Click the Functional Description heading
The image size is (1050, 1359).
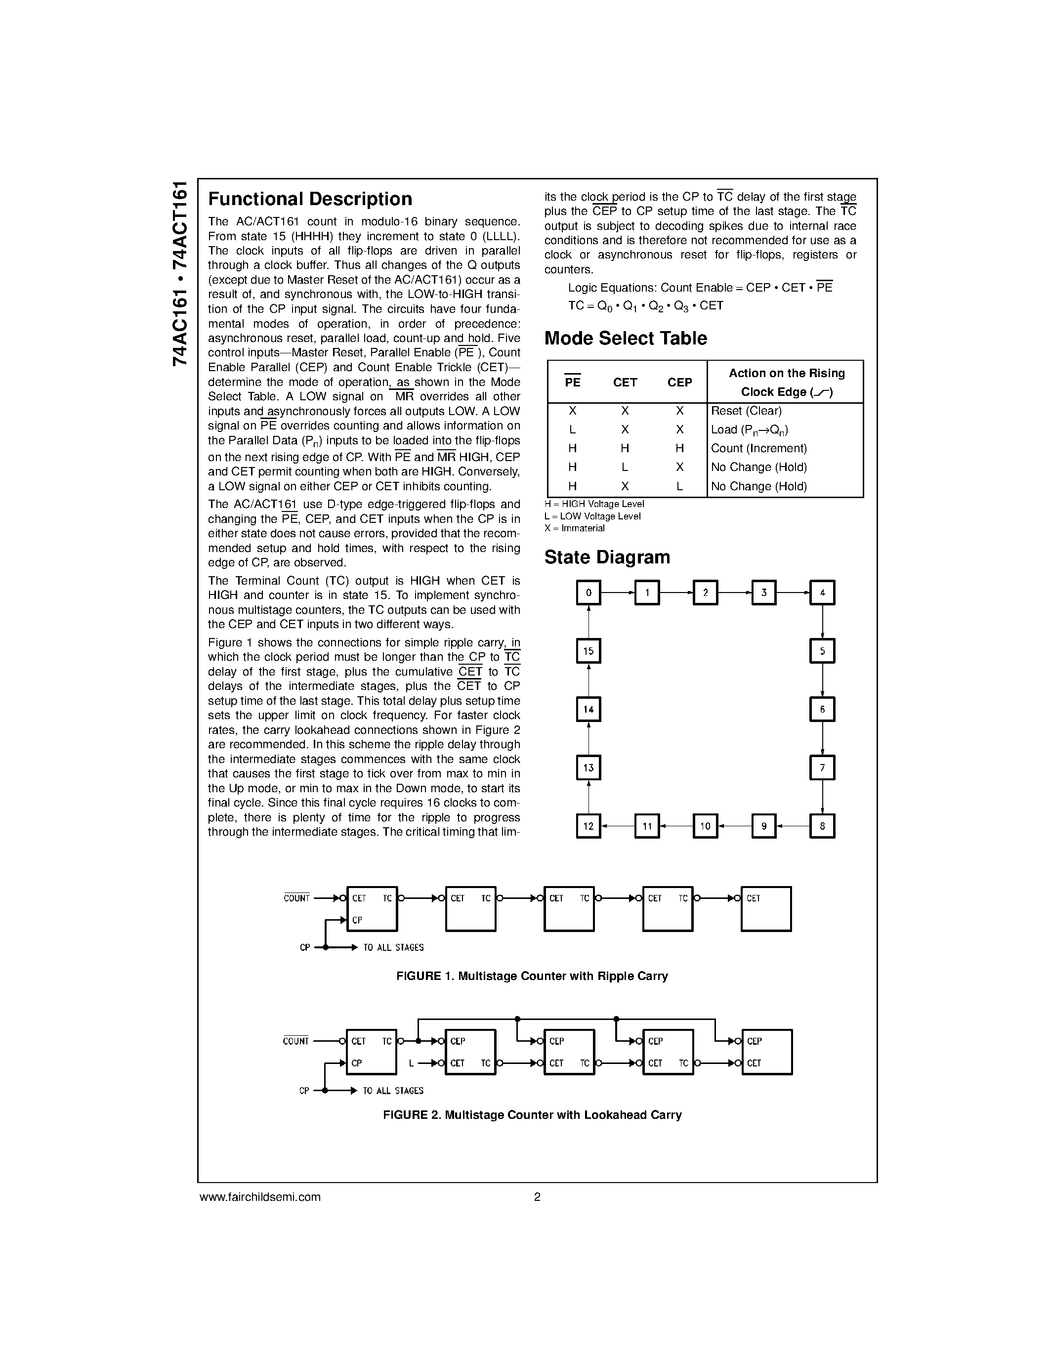(x=310, y=199)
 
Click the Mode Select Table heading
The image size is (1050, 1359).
(x=625, y=339)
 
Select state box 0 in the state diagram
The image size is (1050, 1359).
(x=588, y=593)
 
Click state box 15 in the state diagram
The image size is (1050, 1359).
(x=588, y=651)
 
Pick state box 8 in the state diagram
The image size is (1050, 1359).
(x=822, y=826)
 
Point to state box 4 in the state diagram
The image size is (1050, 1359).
(x=822, y=593)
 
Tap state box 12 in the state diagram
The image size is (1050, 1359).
(x=588, y=826)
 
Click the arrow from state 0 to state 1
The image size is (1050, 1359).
(x=618, y=593)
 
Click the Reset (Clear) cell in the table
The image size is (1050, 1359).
(x=746, y=411)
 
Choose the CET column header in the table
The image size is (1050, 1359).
(x=625, y=382)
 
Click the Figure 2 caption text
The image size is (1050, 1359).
(x=532, y=1114)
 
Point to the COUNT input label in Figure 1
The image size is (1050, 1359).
(x=296, y=898)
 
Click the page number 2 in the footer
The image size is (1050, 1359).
(x=537, y=1196)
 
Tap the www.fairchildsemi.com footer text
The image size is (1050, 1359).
(x=259, y=1196)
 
